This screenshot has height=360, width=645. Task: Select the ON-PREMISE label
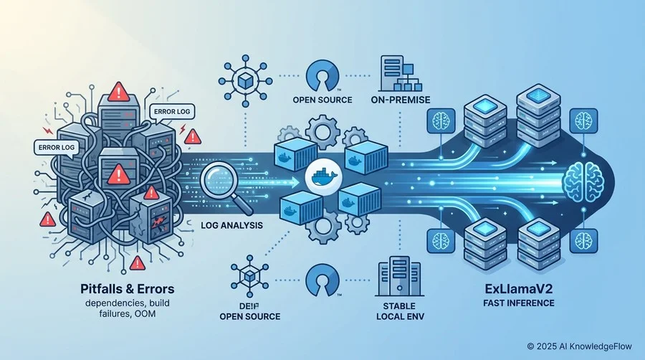[400, 100]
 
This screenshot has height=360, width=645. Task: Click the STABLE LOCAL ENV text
[400, 311]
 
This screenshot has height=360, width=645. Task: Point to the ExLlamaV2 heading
[519, 289]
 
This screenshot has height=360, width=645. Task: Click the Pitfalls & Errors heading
[127, 289]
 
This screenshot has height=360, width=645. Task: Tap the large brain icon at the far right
[585, 181]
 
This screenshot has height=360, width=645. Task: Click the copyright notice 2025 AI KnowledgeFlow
[580, 346]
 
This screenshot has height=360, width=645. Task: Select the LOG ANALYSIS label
[231, 225]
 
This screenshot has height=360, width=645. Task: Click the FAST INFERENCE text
[519, 303]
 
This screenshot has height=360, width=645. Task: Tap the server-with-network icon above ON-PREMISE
[400, 74]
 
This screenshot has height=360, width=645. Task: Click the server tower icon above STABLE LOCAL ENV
[398, 276]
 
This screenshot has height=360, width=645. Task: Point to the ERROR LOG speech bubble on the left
[57, 148]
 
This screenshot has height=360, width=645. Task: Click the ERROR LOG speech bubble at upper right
[171, 111]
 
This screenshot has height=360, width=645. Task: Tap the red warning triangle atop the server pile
[119, 91]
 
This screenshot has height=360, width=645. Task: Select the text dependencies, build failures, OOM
[127, 308]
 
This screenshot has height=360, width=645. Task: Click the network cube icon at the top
[245, 80]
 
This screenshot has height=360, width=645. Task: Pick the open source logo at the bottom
[322, 280]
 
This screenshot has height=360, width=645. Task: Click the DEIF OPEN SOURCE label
[249, 311]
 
